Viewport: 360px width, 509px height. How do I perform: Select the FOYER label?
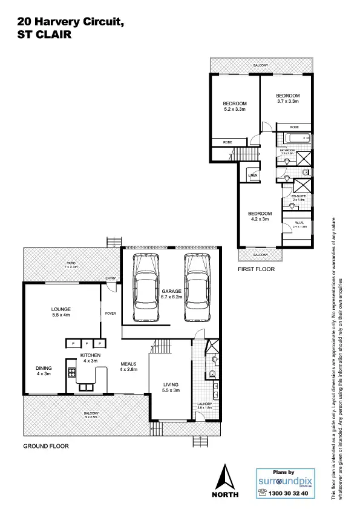point(110,314)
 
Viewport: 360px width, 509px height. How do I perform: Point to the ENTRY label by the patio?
point(110,278)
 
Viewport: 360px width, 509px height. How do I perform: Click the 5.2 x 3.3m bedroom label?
point(235,107)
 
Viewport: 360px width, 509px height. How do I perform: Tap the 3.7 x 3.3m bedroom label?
point(288,99)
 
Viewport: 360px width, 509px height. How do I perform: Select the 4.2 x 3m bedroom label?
point(260,217)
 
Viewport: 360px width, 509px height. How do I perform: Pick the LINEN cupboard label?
point(253,176)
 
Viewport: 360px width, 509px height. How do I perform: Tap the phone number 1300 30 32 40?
point(288,494)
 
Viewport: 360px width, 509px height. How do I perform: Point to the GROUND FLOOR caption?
point(46,446)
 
